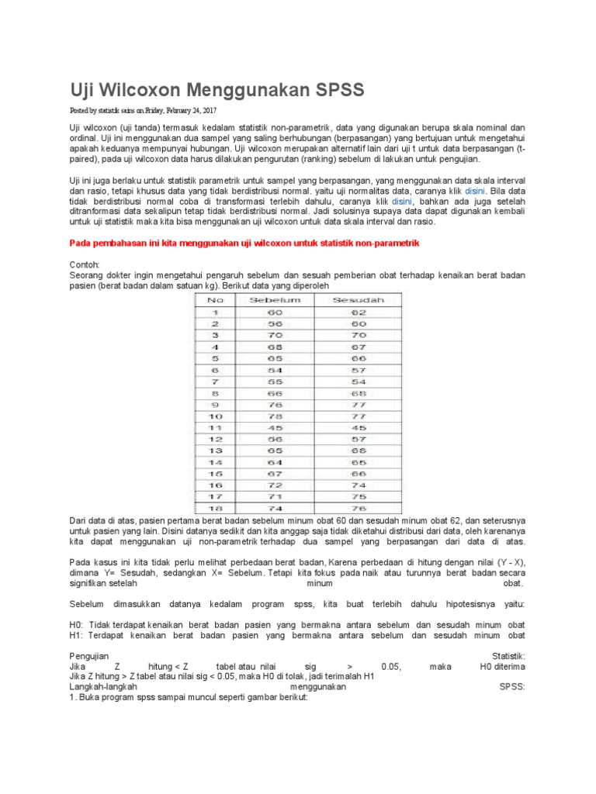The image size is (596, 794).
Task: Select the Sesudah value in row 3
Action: point(358,334)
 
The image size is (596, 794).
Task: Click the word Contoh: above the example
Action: point(85,264)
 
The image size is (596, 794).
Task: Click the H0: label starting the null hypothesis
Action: point(78,624)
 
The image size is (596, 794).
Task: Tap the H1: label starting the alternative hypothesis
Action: point(78,635)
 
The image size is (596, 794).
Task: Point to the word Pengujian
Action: point(89,655)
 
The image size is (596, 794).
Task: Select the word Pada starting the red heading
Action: point(81,243)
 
